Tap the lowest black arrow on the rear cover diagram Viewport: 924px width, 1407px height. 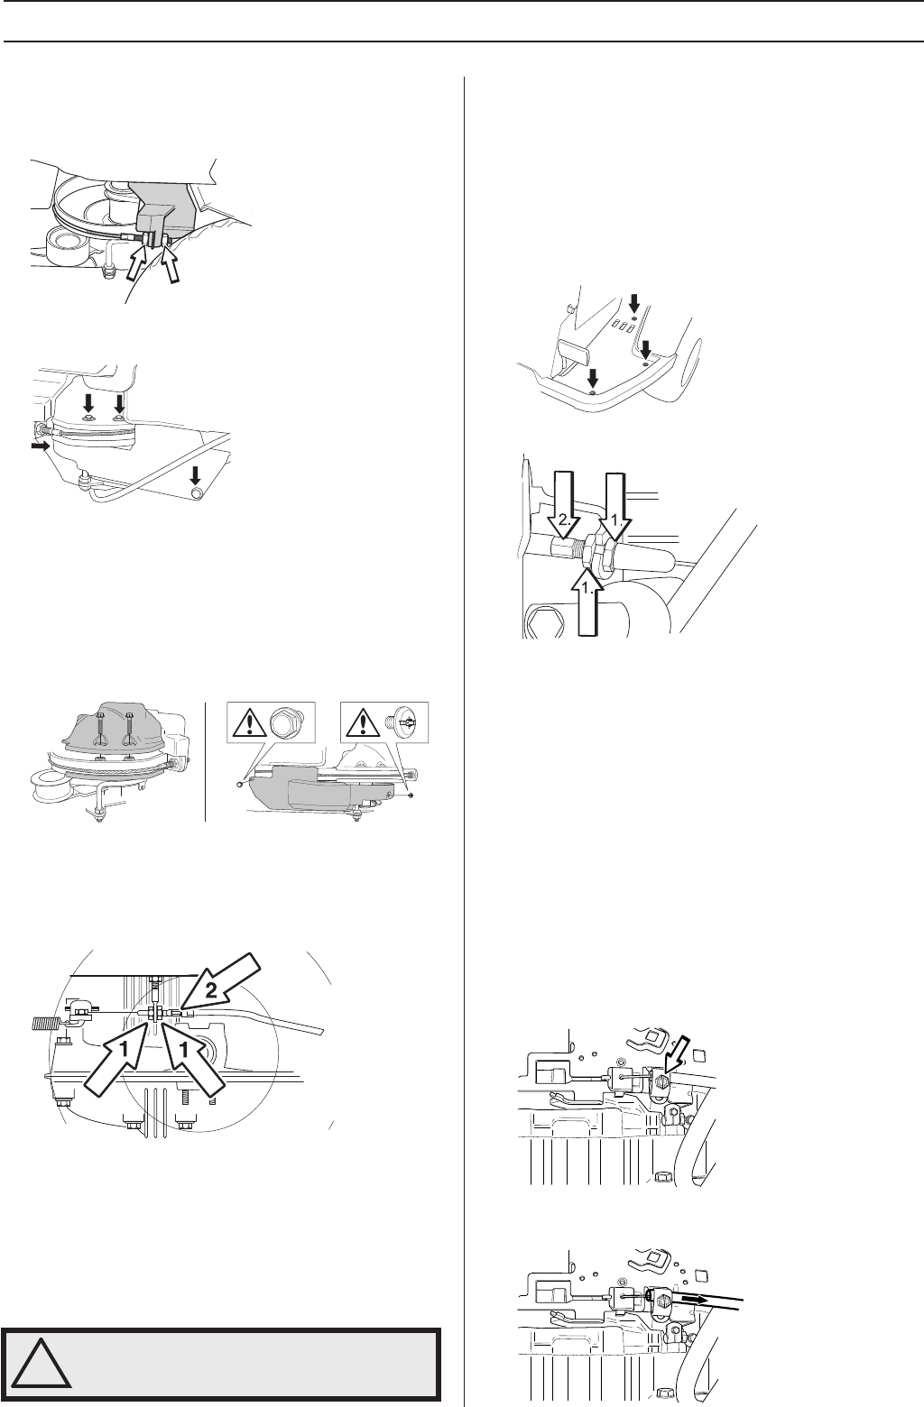(592, 378)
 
